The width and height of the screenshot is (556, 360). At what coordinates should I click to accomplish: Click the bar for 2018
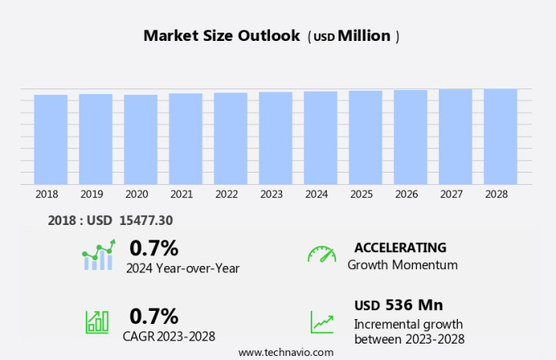pos(51,139)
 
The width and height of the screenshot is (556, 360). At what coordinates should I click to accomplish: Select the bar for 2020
pos(141,139)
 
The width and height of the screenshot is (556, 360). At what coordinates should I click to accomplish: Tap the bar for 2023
pos(276,137)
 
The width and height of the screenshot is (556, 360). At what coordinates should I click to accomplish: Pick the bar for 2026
pos(410,137)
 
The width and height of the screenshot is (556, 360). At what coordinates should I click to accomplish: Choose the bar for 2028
pos(500,136)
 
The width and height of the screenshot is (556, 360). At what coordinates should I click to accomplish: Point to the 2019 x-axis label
pos(92,194)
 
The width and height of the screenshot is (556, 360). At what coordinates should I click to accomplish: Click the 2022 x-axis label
pos(226,194)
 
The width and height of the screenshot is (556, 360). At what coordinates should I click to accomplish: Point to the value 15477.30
pos(145,220)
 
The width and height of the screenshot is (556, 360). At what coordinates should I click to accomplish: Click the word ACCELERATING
pos(400,248)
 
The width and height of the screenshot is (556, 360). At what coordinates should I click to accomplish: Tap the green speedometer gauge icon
pos(321,254)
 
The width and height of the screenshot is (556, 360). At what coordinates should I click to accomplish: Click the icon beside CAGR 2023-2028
pos(97,322)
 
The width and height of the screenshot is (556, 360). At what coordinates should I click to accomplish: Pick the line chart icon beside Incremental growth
pos(321,322)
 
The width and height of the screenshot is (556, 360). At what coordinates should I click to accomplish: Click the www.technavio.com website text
pos(286,352)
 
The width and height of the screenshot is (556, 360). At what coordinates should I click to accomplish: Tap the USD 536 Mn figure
pos(399,305)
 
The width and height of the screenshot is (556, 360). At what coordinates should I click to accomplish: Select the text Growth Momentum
pos(402,265)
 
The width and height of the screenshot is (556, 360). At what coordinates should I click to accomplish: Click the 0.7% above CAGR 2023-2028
pos(154,316)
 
